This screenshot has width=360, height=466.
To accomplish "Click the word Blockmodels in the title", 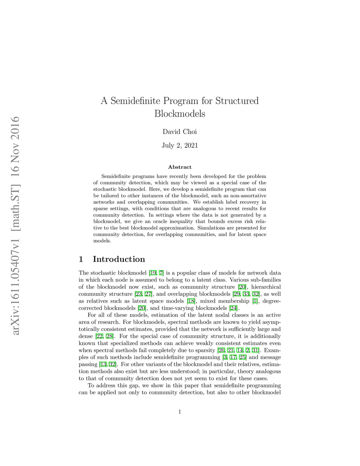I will coord(180,114).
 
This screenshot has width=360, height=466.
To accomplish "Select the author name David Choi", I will coord(180,132).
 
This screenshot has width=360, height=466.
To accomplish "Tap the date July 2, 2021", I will coord(180,146).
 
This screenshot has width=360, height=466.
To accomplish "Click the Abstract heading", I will coord(180,167).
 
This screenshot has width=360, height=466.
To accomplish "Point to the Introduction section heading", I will coord(119,259).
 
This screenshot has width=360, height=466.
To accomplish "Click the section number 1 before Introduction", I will coord(81,259).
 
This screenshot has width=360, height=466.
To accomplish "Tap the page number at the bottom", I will coord(180,412).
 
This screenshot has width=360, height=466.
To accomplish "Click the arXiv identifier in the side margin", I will coord(15,225).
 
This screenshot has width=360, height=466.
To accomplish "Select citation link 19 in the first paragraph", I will coord(153,273).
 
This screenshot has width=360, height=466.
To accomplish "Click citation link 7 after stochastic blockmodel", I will coord(161,273).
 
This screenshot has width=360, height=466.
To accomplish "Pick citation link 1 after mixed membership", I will coord(255,301).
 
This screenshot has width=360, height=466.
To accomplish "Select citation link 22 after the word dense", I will coord(99,336).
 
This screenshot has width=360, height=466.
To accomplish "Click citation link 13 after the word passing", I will coord(103,364).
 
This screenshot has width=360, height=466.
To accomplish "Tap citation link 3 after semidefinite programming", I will coord(225,357).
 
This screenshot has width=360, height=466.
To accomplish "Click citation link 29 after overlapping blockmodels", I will coord(236,294).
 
